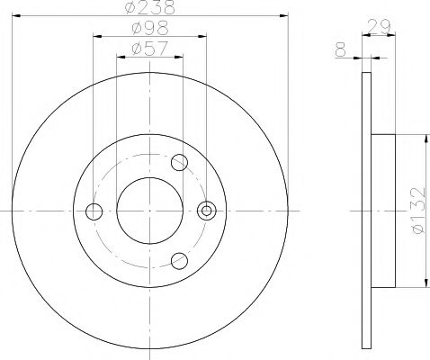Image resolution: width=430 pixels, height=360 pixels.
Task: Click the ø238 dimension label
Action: click(x=150, y=7)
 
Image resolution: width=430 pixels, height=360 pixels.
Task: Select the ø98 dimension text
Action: click(x=150, y=28)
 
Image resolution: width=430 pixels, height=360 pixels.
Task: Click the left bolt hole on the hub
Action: click(x=93, y=211)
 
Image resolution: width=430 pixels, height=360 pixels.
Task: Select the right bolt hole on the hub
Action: click(x=207, y=211)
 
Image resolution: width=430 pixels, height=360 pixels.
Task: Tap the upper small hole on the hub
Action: click(x=179, y=163)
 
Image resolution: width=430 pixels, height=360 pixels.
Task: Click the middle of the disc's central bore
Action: click(x=150, y=211)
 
